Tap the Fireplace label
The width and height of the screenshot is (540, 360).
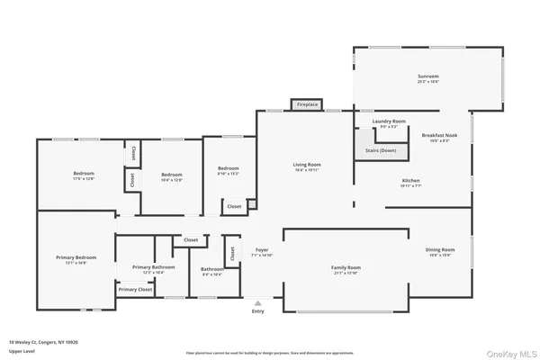tap(307, 105)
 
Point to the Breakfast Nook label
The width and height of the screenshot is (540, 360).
tap(439, 135)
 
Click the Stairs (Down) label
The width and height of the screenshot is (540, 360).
tap(380, 150)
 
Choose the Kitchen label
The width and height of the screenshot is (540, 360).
tap(410, 180)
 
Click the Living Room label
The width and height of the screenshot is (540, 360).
tap(307, 165)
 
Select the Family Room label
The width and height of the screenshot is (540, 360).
tap(346, 267)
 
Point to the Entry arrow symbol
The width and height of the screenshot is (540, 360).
tap(259, 303)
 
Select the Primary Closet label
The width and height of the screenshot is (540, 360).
tap(135, 289)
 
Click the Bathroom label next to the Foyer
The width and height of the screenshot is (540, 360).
tap(212, 269)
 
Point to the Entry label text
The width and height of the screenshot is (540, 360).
tap(259, 311)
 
